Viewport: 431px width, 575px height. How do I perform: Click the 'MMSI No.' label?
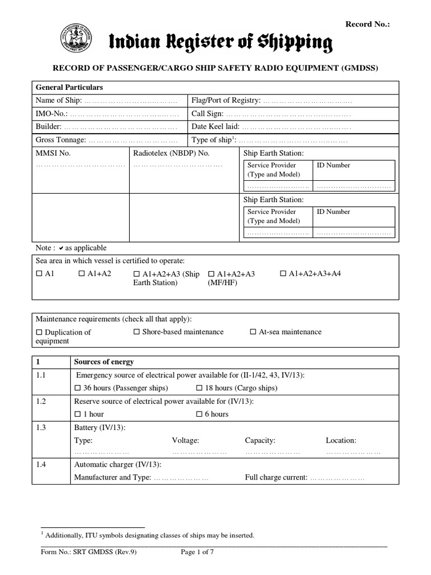tap(53, 153)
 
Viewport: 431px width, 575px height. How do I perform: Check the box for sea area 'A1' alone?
tap(39, 273)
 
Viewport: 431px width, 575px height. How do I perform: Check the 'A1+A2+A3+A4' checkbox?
tap(283, 273)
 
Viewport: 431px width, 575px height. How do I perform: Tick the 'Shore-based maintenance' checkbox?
tap(136, 332)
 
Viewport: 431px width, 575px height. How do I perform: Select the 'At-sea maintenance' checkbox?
tap(253, 332)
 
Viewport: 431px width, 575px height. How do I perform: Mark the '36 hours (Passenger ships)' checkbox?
tap(77, 388)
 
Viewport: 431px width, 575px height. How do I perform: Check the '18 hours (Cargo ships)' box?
tap(199, 388)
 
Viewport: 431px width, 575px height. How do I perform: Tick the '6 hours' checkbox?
tap(199, 414)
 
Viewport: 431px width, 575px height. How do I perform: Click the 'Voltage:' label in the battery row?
tap(185, 441)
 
